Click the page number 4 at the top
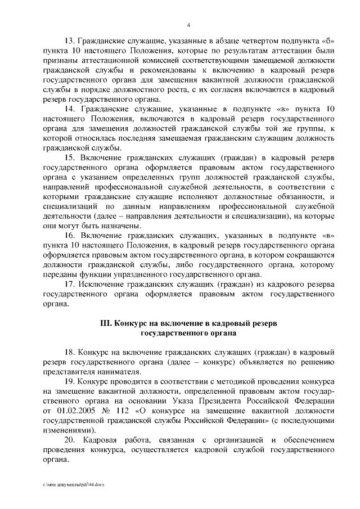coord(188,25)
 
